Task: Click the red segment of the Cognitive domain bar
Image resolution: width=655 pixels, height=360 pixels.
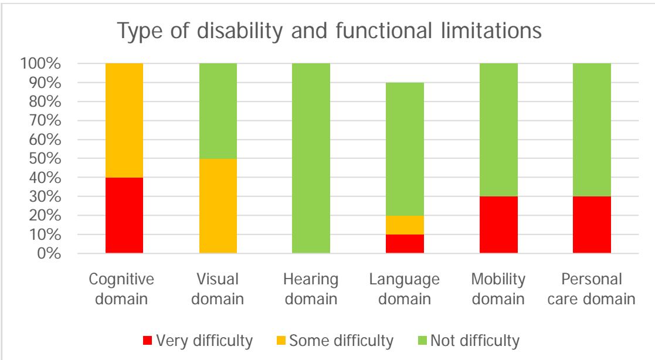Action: coord(124,215)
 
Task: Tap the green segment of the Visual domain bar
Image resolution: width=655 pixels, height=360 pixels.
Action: coord(218,110)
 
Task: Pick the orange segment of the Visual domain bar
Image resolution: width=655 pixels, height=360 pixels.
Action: coord(218,206)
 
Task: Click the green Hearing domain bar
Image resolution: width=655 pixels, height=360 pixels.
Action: coord(311,158)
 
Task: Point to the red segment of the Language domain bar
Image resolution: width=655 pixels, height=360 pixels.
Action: coord(405,244)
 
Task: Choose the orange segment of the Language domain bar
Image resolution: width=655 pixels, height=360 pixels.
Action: coord(405,225)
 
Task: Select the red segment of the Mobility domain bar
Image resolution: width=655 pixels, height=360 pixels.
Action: coord(498,225)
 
